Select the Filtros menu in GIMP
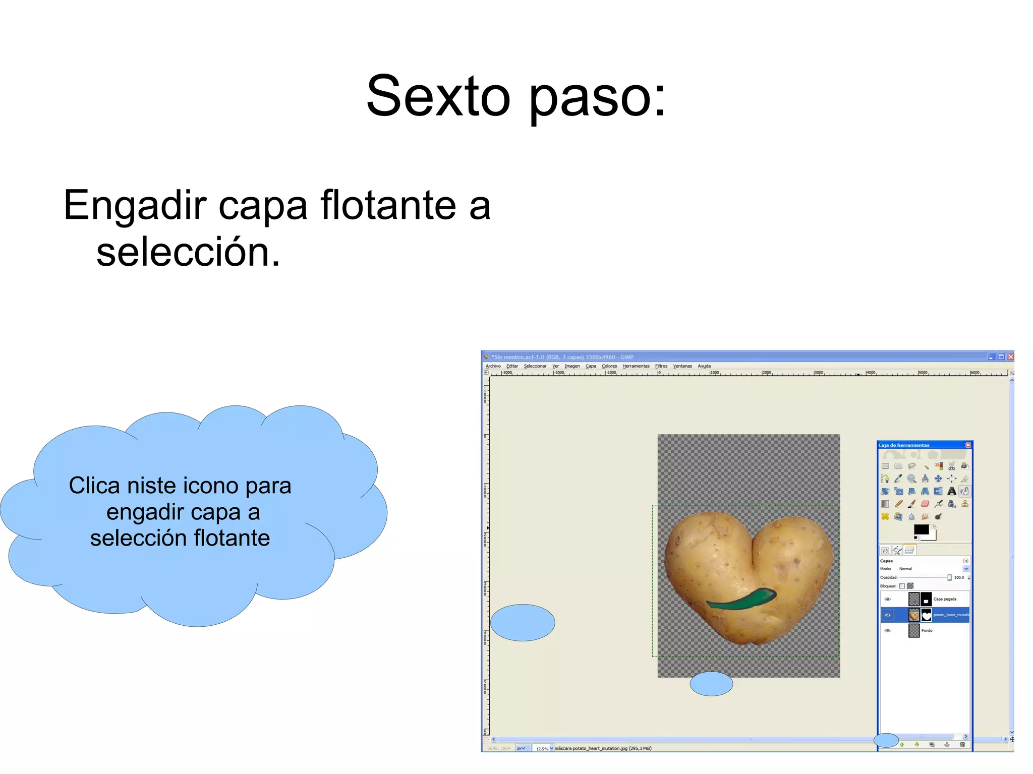[x=661, y=366]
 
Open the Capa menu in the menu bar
[x=591, y=366]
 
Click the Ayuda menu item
[x=704, y=366]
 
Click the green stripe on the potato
[x=741, y=598]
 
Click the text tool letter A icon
[x=951, y=491]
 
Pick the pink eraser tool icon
[x=925, y=504]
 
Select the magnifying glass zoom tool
[x=911, y=479]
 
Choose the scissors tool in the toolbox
[x=951, y=466]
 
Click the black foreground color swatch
[x=921, y=529]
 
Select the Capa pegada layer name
[x=945, y=599]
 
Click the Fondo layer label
[x=927, y=630]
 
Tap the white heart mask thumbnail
[x=926, y=615]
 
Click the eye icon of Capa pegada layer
[x=888, y=599]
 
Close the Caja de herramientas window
[x=968, y=445]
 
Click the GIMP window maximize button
[x=1001, y=356]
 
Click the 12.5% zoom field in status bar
[x=543, y=748]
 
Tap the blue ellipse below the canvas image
[x=711, y=684]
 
